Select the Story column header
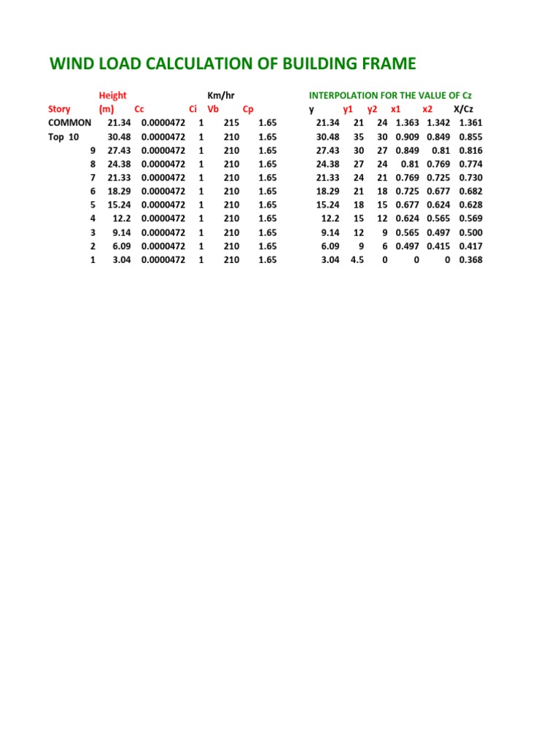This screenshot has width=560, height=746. tap(59, 109)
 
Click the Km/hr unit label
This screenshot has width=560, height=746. tap(221, 95)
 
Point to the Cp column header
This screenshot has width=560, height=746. tap(248, 109)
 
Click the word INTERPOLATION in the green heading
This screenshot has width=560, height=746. tap(343, 95)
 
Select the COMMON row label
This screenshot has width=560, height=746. tap(69, 123)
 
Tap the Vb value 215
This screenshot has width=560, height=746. tap(231, 123)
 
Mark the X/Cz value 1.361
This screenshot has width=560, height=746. tap(470, 123)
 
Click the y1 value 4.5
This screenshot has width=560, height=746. tap(357, 259)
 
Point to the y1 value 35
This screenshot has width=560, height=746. tap(359, 136)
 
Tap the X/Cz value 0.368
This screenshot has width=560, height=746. tap(470, 259)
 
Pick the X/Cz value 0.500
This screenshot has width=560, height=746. tap(470, 232)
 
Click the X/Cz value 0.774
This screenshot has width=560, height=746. tap(470, 164)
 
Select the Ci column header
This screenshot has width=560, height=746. tap(193, 109)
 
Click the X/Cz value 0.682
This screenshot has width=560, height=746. tap(470, 191)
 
